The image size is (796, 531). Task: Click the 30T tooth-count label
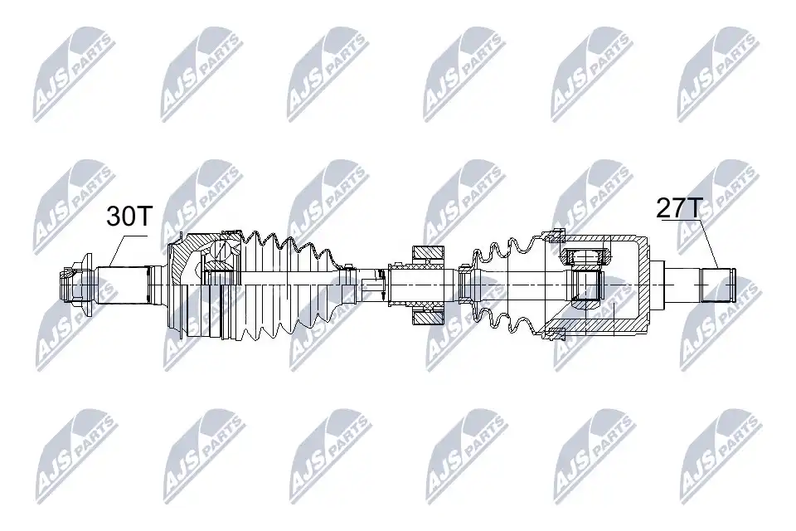(x=129, y=216)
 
